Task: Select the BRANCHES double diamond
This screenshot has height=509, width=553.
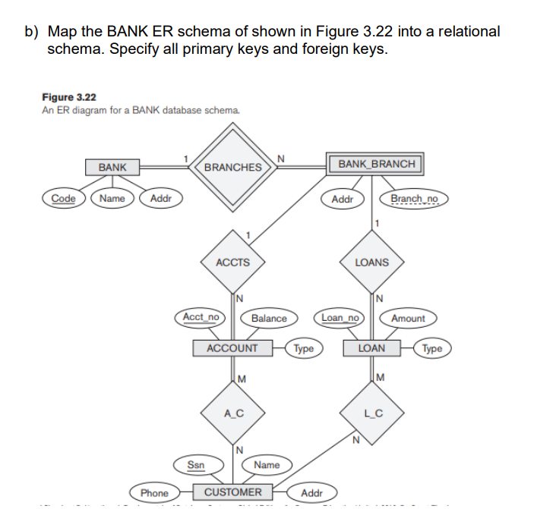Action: click(233, 167)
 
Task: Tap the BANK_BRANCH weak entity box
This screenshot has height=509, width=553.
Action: click(376, 164)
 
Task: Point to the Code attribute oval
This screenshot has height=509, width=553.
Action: click(64, 199)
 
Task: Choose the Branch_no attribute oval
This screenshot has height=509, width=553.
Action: click(414, 199)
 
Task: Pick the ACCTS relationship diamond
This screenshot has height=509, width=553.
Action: click(232, 262)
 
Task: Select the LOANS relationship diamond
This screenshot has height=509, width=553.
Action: click(371, 262)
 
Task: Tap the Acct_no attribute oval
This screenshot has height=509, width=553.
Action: click(201, 317)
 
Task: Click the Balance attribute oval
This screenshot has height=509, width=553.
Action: click(269, 319)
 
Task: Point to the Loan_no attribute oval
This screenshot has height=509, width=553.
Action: click(340, 317)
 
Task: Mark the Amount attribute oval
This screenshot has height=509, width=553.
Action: click(408, 319)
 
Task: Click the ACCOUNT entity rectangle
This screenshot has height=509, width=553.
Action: click(232, 348)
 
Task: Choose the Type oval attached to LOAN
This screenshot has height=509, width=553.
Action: click(431, 349)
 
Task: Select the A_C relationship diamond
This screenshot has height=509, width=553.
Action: click(232, 413)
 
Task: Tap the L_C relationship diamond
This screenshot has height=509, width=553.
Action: click(371, 413)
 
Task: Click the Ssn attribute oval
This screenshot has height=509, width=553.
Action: click(195, 464)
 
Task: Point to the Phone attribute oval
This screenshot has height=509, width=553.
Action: click(154, 493)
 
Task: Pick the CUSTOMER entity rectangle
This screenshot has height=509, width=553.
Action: click(232, 492)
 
